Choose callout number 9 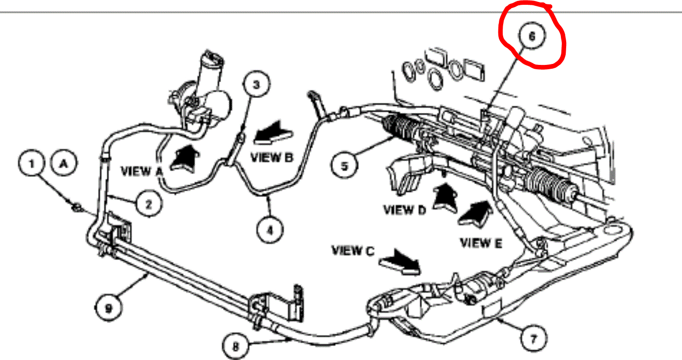point(108,307)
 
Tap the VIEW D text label point(405,210)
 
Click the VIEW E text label point(481,243)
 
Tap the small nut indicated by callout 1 point(75,208)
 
